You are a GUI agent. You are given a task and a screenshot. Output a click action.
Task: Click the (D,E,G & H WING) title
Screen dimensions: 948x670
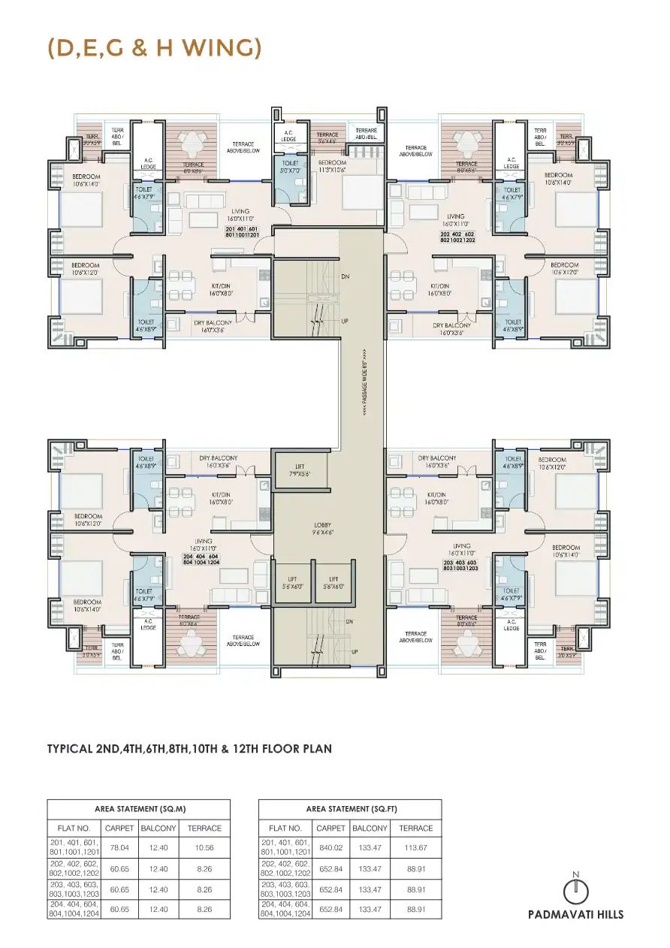point(154,48)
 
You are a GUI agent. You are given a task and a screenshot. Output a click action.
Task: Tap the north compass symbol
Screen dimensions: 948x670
point(575,889)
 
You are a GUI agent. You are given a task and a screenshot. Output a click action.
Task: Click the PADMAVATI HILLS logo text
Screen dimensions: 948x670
point(575,914)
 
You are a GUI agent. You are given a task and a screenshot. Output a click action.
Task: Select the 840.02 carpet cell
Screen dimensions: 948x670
point(330,847)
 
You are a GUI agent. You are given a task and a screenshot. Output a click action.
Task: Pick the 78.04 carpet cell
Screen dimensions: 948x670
point(119,847)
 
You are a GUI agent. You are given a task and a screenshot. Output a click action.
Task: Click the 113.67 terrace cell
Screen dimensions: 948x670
point(416,847)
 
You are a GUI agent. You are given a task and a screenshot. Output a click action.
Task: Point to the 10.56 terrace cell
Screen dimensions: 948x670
point(204,847)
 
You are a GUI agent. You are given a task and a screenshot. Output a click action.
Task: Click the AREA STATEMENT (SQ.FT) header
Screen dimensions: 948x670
point(351,809)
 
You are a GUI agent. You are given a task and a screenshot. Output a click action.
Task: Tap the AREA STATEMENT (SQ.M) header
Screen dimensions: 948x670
point(140,809)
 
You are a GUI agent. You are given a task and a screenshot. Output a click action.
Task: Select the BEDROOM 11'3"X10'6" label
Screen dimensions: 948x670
point(332,166)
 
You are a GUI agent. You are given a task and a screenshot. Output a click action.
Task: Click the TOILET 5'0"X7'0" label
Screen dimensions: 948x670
point(291,167)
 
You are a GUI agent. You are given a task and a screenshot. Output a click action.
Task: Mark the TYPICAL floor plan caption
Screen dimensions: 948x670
point(189,748)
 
